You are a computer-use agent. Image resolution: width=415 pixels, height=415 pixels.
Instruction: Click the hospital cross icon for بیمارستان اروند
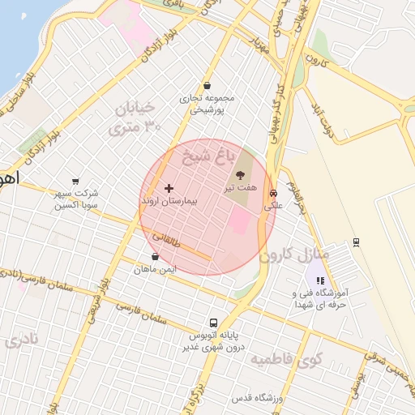pyautogui.click(x=169, y=188)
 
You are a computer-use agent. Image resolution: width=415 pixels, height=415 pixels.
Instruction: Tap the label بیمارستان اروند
pyautogui.click(x=169, y=199)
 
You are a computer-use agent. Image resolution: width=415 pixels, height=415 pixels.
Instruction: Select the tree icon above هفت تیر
pyautogui.click(x=241, y=175)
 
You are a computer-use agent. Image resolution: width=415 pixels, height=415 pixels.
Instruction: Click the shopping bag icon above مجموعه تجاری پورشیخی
pyautogui.click(x=207, y=85)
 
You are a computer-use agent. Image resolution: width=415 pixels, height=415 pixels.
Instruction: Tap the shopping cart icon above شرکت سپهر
pyautogui.click(x=75, y=182)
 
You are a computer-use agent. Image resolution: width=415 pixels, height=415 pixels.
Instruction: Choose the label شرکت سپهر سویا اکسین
pyautogui.click(x=76, y=199)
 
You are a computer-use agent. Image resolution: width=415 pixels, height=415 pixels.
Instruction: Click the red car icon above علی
pyautogui.click(x=274, y=194)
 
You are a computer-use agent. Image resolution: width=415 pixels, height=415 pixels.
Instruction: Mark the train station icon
pyautogui.click(x=356, y=242)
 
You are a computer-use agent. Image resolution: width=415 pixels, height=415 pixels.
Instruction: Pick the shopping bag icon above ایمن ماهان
pyautogui.click(x=155, y=256)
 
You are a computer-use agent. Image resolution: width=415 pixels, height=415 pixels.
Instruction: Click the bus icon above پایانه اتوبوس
pyautogui.click(x=213, y=322)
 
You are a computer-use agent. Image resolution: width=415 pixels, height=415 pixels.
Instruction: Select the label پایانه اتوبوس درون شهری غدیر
pyautogui.click(x=216, y=340)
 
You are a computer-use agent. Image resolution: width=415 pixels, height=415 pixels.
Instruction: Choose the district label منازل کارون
pyautogui.click(x=294, y=254)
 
